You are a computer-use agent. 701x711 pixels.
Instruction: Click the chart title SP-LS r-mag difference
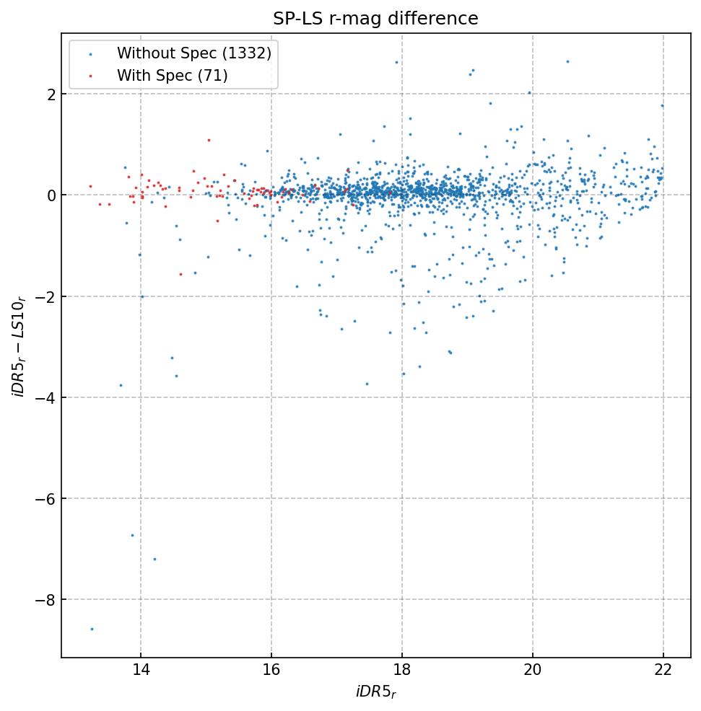(375, 19)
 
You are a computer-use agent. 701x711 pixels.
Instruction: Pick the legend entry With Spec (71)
(172, 75)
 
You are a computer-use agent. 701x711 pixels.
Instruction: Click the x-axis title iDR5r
(375, 692)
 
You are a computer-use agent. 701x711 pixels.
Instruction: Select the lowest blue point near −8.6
(92, 629)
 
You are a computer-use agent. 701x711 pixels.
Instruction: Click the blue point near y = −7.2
(154, 559)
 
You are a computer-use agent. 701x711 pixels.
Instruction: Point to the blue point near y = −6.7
(132, 535)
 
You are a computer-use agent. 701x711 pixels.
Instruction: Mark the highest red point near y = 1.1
(209, 140)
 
